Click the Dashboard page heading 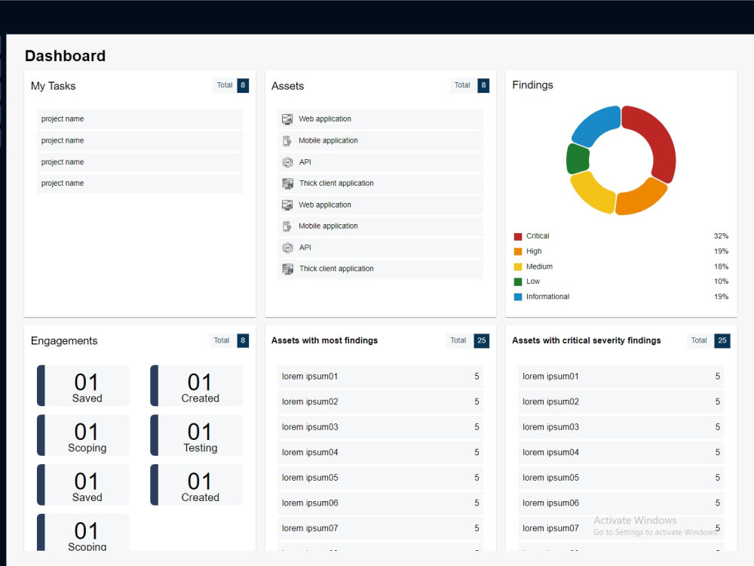pyautogui.click(x=65, y=56)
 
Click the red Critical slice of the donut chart pyautogui.click(x=657, y=140)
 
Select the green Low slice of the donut pyautogui.click(x=578, y=158)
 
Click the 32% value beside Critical pyautogui.click(x=721, y=235)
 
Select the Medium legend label pyautogui.click(x=539, y=266)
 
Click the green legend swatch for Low pyautogui.click(x=518, y=281)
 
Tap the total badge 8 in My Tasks pyautogui.click(x=243, y=85)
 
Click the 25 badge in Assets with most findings pyautogui.click(x=481, y=341)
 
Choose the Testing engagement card pyautogui.click(x=196, y=435)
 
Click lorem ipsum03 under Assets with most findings pyautogui.click(x=310, y=427)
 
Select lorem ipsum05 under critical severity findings pyautogui.click(x=550, y=478)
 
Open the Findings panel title pyautogui.click(x=532, y=85)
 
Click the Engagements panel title pyautogui.click(x=64, y=341)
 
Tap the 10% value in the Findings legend pyautogui.click(x=721, y=281)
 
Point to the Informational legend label pyautogui.click(x=547, y=297)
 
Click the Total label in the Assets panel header pyautogui.click(x=462, y=85)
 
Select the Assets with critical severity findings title pyautogui.click(x=586, y=341)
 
